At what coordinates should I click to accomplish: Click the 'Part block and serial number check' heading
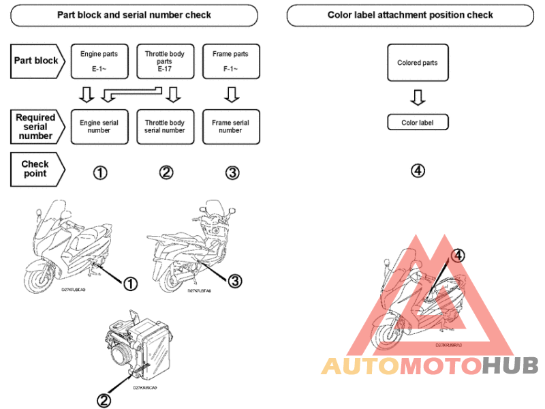pos(134,14)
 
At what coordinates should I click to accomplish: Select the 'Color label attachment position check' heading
pos(410,14)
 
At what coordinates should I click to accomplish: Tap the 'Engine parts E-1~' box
pos(99,61)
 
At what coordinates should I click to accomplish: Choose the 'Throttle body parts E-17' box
pos(164,61)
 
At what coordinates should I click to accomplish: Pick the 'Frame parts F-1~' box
pos(230,61)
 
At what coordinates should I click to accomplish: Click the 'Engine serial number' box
pos(99,127)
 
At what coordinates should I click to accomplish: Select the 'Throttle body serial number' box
pos(164,127)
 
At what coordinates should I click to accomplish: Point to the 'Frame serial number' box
pos(230,127)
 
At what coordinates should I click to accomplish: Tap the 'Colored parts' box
pos(417,63)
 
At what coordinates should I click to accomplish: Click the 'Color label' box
pos(417,123)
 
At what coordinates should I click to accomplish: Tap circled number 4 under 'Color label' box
pos(418,170)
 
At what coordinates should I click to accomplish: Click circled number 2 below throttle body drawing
pos(104,400)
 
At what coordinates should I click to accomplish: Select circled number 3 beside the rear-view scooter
pos(234,280)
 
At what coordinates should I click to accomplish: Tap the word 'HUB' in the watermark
pos(510,367)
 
